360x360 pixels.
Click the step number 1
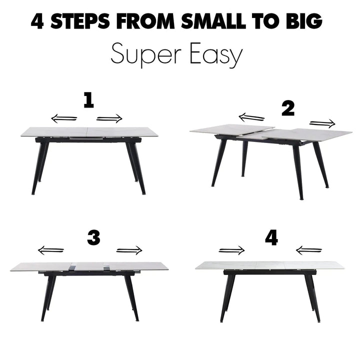pyautogui.click(x=88, y=100)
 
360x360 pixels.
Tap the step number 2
pyautogui.click(x=288, y=109)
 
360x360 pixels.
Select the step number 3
pyautogui.click(x=93, y=238)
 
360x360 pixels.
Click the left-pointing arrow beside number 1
pyautogui.click(x=64, y=118)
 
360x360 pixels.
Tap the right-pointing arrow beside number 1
pyautogui.click(x=109, y=118)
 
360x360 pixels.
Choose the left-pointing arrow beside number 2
pyautogui.click(x=251, y=117)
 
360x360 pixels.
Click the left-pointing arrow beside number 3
pyautogui.click(x=50, y=250)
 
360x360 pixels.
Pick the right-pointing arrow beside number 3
pyautogui.click(x=129, y=250)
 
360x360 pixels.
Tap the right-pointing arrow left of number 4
pyautogui.click(x=231, y=250)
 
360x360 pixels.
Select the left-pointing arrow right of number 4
pyautogui.click(x=309, y=250)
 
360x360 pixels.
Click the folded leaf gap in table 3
pyautogui.click(x=89, y=267)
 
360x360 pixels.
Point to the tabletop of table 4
pyautogui.click(x=269, y=265)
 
